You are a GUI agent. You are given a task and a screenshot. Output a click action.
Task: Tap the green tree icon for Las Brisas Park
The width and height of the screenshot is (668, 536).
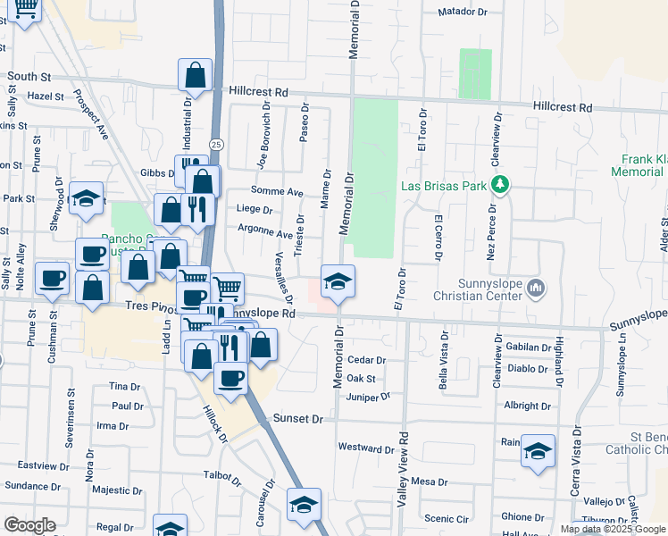500,184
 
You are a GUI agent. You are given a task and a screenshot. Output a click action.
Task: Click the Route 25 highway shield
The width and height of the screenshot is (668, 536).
216,143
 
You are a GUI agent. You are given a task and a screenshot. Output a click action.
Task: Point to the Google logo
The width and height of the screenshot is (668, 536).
29,524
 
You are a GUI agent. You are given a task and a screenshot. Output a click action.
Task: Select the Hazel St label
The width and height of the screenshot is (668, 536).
46,96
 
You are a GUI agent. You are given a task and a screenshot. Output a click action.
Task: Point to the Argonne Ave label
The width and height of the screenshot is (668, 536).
265,234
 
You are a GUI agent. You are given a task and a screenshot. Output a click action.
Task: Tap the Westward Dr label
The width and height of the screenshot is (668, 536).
366,448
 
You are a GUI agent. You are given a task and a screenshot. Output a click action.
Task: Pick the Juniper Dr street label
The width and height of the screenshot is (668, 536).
369,397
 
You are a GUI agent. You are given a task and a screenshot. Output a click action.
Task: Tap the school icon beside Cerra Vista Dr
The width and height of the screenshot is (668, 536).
539,450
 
